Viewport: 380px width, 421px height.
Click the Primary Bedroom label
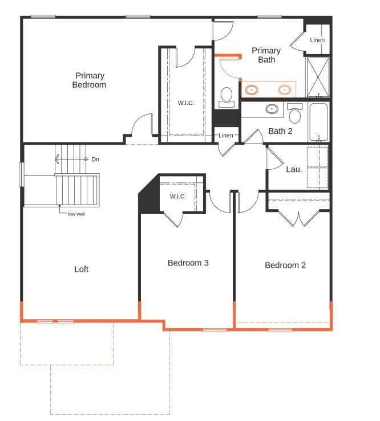(x=89, y=80)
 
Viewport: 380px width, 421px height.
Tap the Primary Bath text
(x=266, y=55)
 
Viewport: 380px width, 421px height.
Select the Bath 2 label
(x=280, y=131)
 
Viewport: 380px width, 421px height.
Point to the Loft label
(x=81, y=269)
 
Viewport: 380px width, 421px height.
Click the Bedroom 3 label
(x=188, y=263)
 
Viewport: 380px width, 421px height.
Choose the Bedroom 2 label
(x=285, y=265)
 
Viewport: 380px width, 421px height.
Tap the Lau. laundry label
(x=294, y=169)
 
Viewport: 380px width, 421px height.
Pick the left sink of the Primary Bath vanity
(x=251, y=89)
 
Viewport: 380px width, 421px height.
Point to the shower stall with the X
(x=317, y=77)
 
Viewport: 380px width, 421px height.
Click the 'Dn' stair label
(x=95, y=159)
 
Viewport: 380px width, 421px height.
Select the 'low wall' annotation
(x=76, y=214)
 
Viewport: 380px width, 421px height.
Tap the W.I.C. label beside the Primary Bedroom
(x=186, y=103)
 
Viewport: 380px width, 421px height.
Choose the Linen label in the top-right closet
(x=317, y=40)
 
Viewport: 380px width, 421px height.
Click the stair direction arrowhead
(x=57, y=159)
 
